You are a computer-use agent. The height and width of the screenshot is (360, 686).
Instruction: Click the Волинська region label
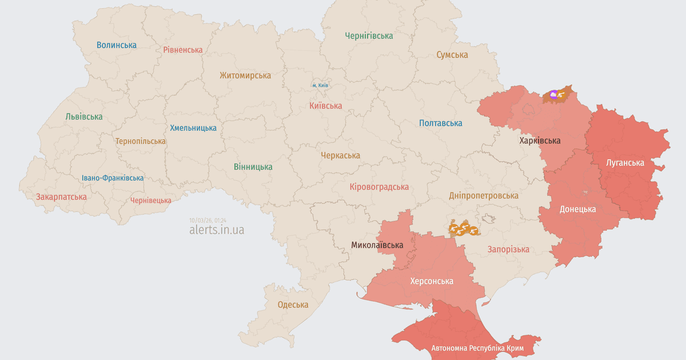pos(117,45)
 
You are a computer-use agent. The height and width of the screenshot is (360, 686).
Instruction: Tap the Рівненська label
pos(182,50)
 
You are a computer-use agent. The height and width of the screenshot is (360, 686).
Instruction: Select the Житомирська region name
pos(245,75)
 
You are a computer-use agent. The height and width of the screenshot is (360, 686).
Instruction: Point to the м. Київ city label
pos(320,85)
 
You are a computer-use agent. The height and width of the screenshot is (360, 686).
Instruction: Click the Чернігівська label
pos(369,35)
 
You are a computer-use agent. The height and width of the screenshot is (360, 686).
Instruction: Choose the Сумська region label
pos(452,55)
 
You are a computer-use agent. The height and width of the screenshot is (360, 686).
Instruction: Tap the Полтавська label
pos(440,123)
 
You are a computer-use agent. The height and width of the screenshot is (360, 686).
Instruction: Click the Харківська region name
pos(540,140)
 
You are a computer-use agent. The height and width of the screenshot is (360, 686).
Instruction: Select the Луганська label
pos(625,162)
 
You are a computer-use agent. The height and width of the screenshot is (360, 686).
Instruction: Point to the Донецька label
pos(577,209)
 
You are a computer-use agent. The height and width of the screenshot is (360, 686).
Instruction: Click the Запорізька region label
pos(508,249)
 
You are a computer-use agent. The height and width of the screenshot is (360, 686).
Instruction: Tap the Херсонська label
pos(432,281)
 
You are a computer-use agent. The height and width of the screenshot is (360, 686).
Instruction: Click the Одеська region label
pos(293,305)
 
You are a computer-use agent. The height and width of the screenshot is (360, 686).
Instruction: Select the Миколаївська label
pos(377,245)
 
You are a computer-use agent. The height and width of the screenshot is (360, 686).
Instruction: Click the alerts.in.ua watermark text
pos(216,230)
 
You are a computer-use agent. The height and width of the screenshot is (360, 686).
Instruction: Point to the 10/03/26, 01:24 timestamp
pos(208,220)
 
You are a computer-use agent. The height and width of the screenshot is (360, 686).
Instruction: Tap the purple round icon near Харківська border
pos(553,94)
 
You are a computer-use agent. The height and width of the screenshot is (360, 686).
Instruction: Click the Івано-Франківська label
pos(113,178)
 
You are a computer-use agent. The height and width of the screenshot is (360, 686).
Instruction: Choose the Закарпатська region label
pos(61,197)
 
